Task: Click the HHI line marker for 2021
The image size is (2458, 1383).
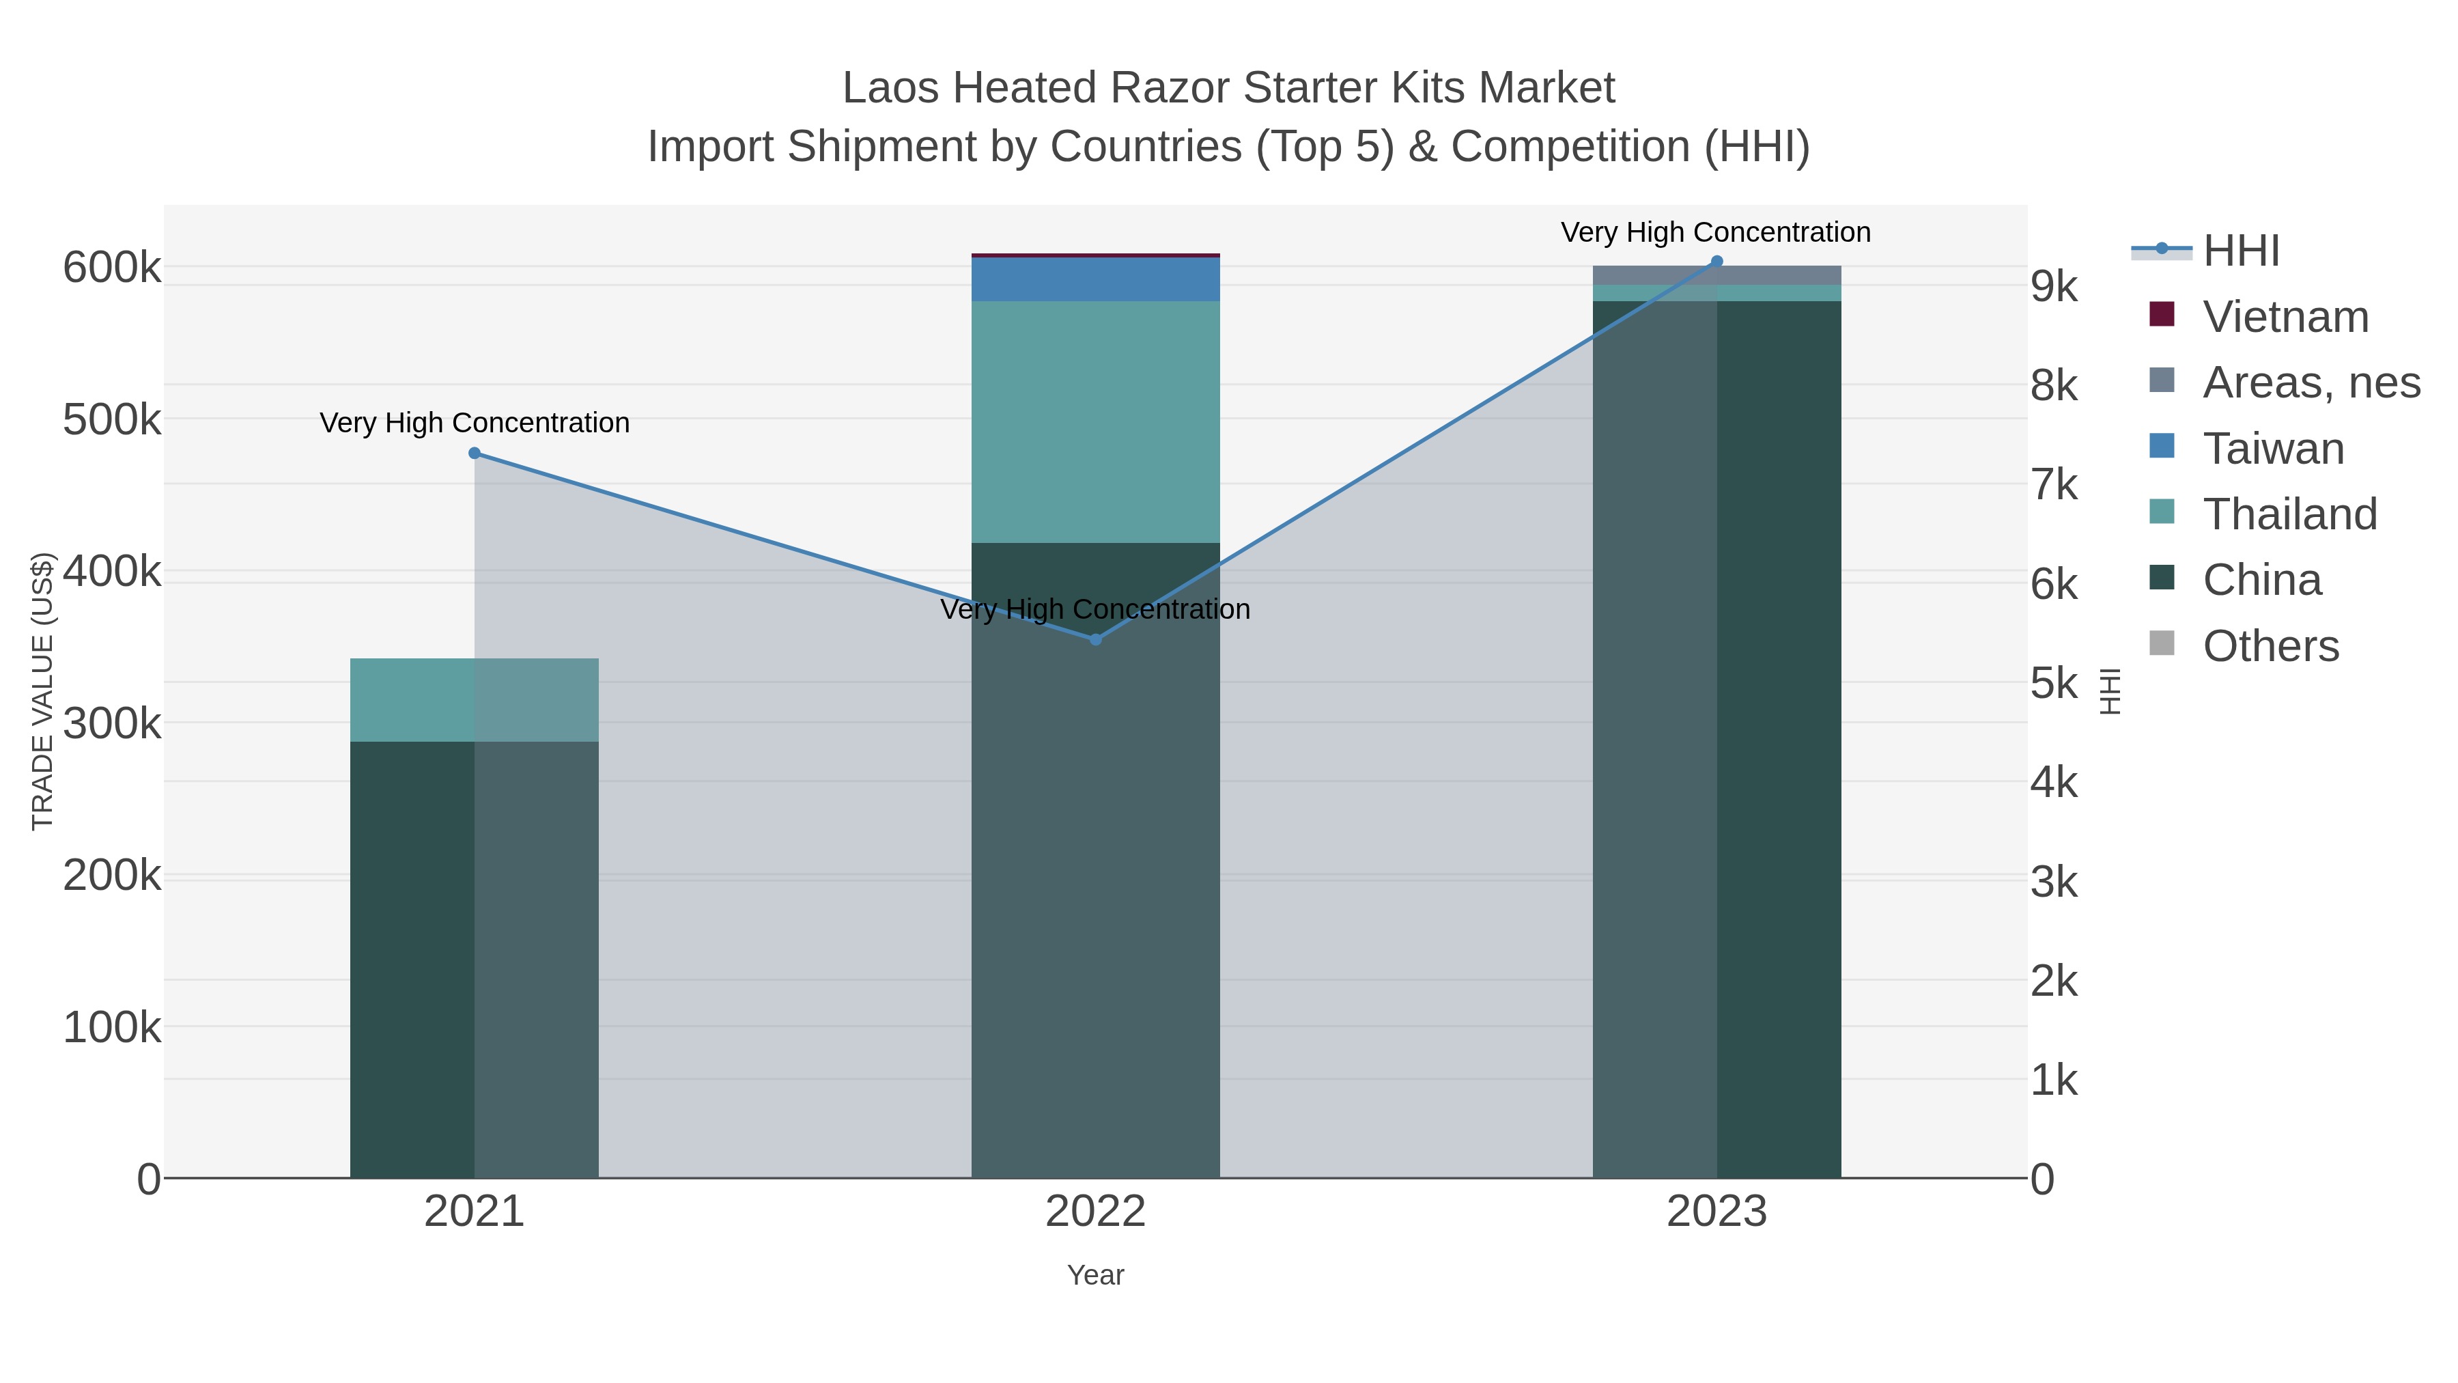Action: [x=475, y=453]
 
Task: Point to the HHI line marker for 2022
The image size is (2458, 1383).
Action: [x=1095, y=639]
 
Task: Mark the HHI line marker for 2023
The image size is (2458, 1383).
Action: [x=1717, y=262]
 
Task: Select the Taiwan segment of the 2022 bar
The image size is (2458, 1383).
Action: [x=1095, y=279]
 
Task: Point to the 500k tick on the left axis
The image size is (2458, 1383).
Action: [x=112, y=419]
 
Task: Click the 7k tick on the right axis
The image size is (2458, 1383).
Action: [x=2053, y=485]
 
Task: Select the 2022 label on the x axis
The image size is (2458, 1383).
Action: [x=1095, y=1212]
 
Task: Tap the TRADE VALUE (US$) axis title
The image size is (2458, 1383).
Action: [x=43, y=691]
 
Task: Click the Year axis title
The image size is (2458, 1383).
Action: [x=1095, y=1275]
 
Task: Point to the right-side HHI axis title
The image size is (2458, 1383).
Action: [x=2110, y=691]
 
